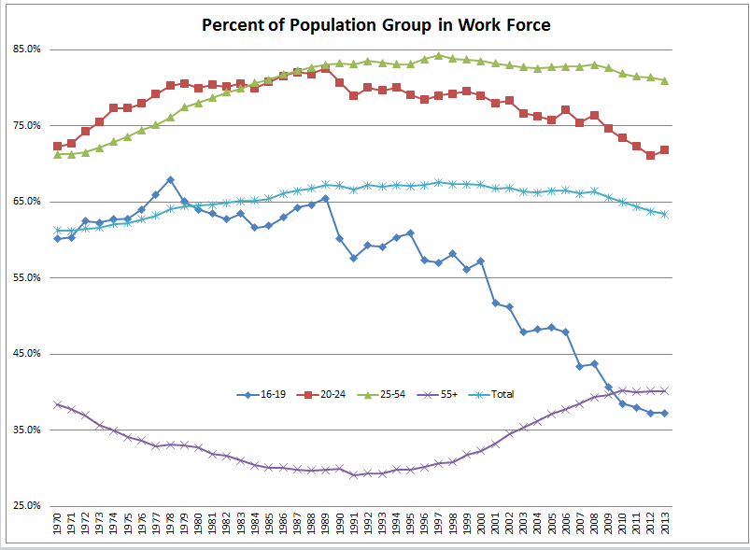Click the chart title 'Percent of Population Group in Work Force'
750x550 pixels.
pyautogui.click(x=376, y=24)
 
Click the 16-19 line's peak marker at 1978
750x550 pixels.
pyautogui.click(x=170, y=179)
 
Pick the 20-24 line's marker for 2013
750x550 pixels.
pyautogui.click(x=665, y=150)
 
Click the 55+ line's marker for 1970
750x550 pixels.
pyautogui.click(x=58, y=404)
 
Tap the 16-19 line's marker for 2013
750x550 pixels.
pyautogui.click(x=665, y=413)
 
